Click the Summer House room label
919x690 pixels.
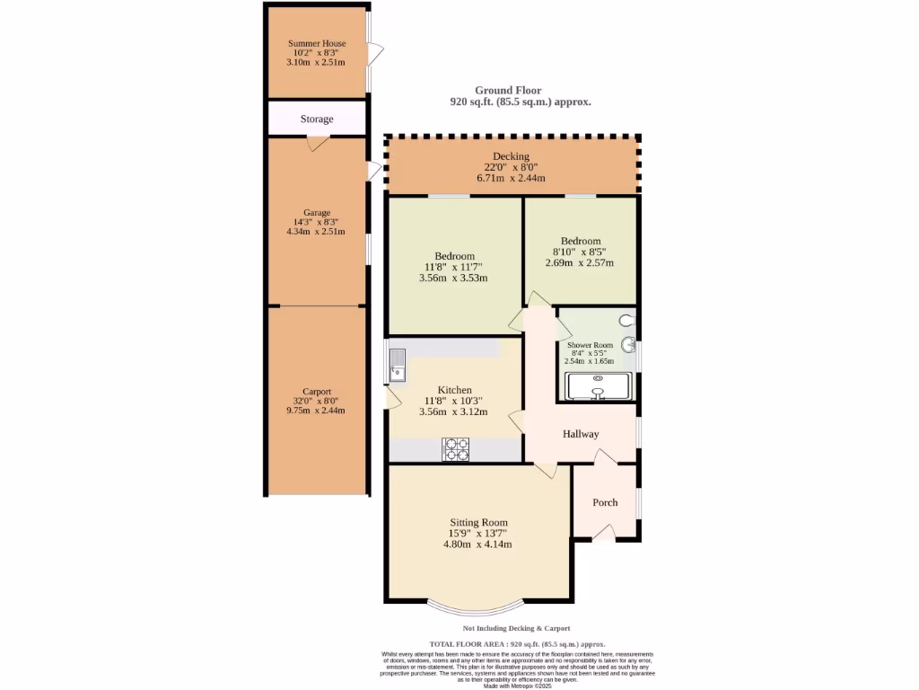coord(317,43)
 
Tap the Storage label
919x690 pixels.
coord(317,119)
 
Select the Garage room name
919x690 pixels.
coord(317,212)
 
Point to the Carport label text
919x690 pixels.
coord(317,392)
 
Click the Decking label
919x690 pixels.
coord(511,156)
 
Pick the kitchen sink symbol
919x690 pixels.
coord(398,363)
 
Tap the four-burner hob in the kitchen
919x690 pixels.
coord(456,449)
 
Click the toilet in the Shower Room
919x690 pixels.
coord(626,318)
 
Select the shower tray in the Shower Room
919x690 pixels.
coord(599,386)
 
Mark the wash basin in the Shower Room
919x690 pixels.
coord(629,344)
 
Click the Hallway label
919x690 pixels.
coord(581,434)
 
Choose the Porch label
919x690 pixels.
coord(605,502)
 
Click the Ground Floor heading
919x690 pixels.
coord(508,90)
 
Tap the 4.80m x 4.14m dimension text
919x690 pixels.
coord(478,544)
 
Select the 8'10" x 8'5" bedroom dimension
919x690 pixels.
coord(581,252)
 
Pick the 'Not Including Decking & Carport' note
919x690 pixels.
coord(516,628)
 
